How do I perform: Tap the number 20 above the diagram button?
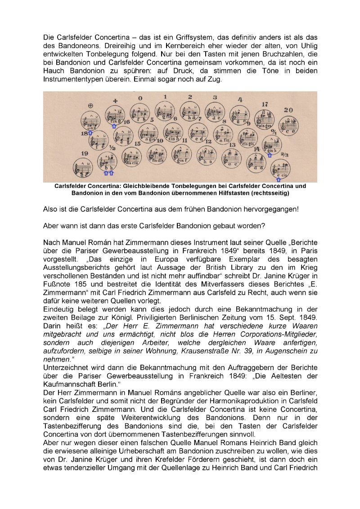point(288,110)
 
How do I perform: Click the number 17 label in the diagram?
point(265,104)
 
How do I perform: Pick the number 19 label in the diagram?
point(85,154)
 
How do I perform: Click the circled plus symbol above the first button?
point(90,106)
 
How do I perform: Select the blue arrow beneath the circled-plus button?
point(90,133)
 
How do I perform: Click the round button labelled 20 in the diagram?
point(288,124)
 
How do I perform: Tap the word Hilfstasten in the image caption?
point(238,193)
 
